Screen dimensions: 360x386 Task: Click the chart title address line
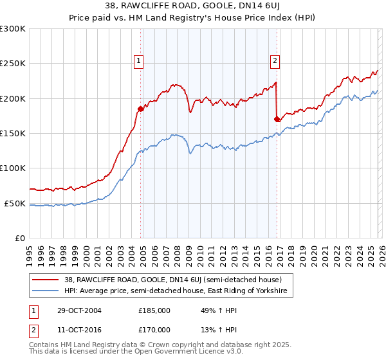(193, 7)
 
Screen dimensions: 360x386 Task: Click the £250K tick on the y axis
(13, 64)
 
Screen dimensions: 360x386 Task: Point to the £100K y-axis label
(13, 168)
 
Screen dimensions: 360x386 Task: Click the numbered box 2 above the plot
(275, 61)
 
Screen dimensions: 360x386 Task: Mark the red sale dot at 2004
(141, 109)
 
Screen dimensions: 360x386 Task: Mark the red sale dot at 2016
(277, 119)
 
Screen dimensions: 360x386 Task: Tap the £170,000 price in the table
(154, 329)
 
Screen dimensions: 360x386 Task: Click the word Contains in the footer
(44, 346)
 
